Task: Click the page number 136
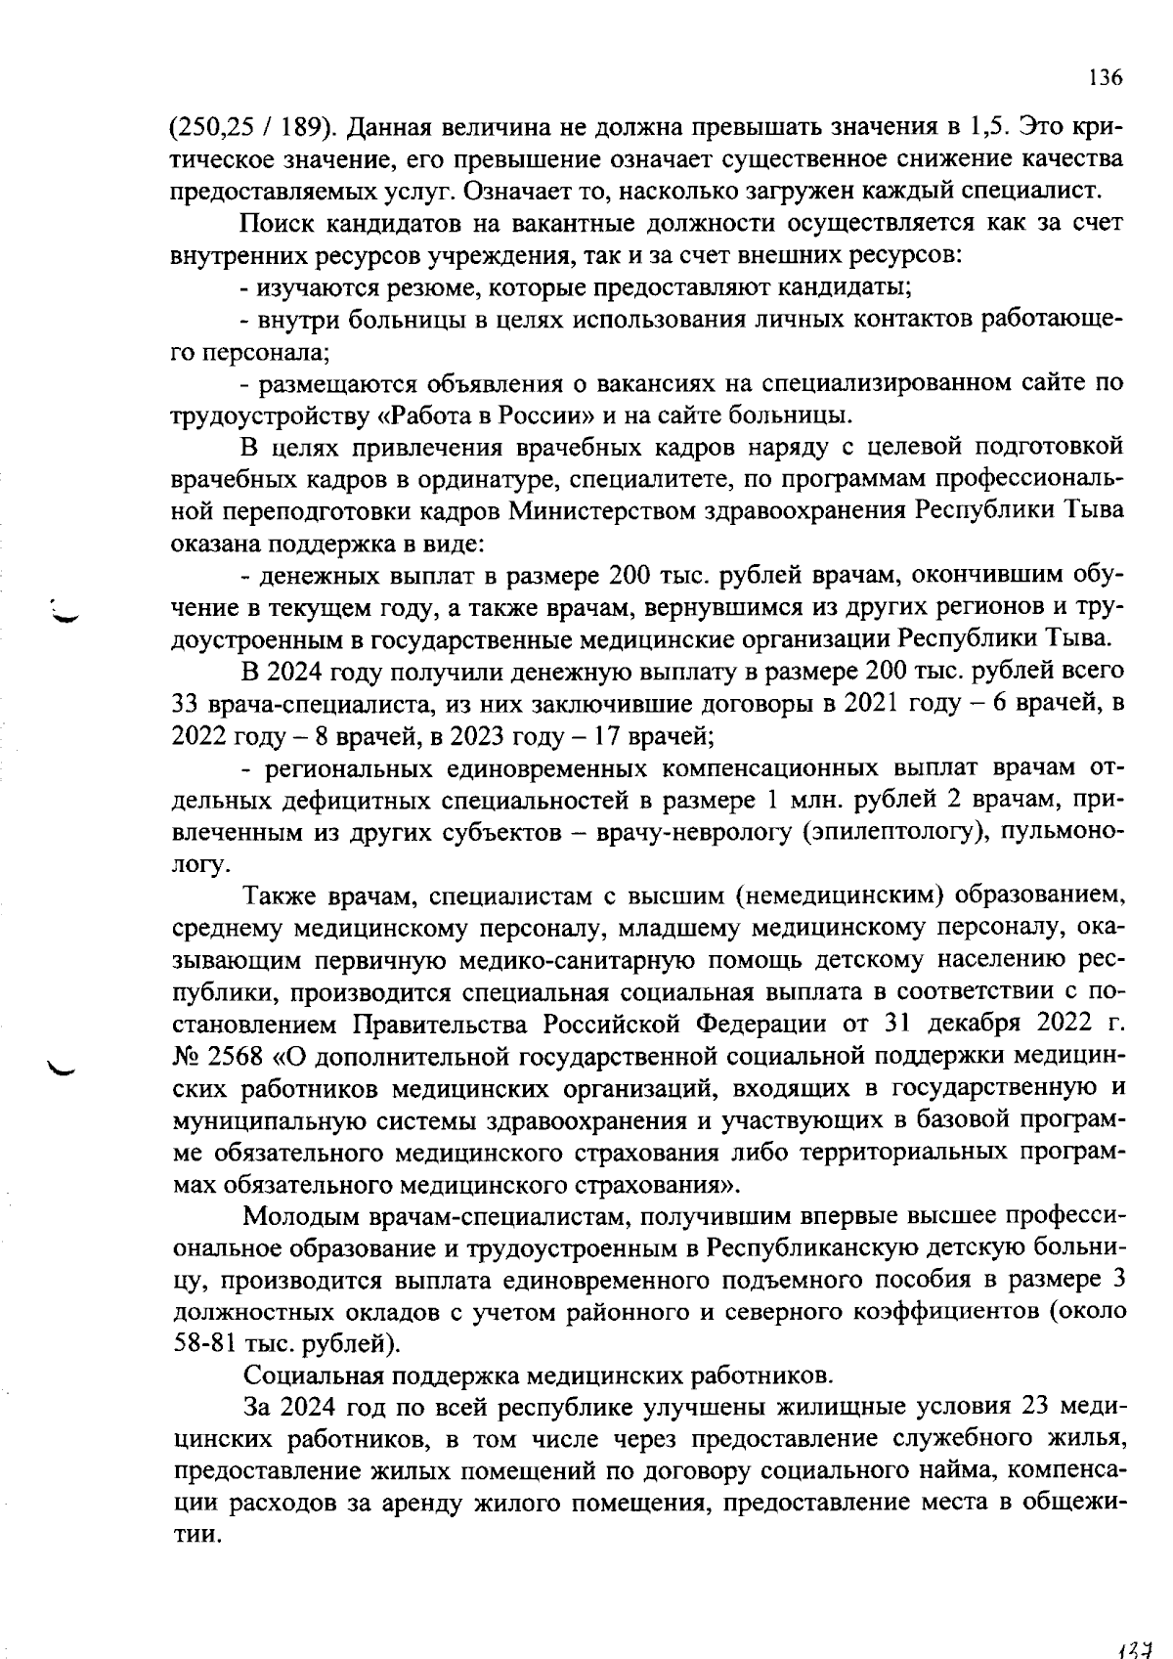[1106, 79]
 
